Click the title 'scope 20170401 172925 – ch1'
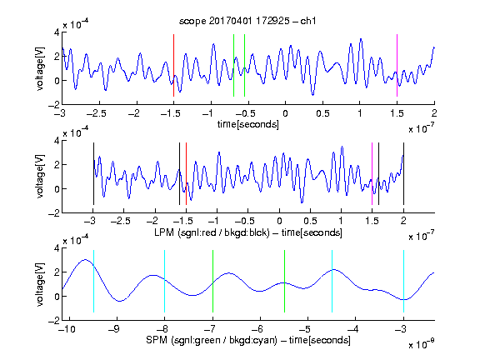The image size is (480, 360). pos(247,21)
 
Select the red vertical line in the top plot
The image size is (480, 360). pos(173,66)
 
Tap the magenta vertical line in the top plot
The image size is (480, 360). pos(397,66)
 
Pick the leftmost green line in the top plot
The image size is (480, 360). pos(233,66)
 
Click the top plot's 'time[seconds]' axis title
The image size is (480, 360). pos(248,124)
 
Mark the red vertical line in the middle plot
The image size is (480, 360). pos(186,173)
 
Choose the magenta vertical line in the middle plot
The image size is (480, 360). pos(372,173)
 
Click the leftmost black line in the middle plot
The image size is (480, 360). pos(93,173)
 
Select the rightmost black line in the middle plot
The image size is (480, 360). pos(403,173)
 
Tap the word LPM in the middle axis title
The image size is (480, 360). pos(164,232)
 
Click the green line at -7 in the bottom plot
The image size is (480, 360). pos(212,282)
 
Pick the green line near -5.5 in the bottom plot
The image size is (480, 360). pos(284,282)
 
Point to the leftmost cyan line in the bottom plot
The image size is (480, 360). pos(93,282)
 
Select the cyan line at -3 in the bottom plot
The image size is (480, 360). pos(403,282)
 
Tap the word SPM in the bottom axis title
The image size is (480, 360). pos(157,340)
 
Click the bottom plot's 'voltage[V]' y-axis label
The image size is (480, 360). pos(40,284)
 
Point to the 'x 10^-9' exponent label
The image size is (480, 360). pos(422,344)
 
